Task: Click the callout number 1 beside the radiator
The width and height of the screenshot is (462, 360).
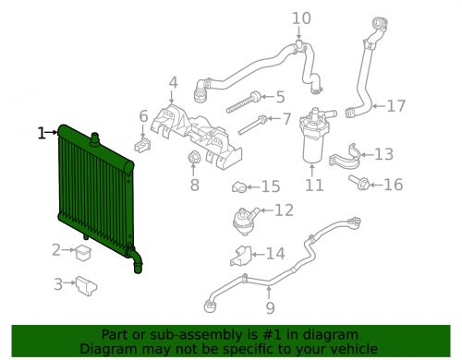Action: click(41, 134)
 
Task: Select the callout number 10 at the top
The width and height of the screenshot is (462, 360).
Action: click(302, 18)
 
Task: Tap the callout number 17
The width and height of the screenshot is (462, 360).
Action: click(395, 106)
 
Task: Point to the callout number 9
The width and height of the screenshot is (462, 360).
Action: click(270, 308)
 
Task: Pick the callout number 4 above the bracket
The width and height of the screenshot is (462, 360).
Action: click(173, 85)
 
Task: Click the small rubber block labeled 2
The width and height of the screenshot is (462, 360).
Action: click(82, 250)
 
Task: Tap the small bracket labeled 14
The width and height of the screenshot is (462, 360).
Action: click(237, 256)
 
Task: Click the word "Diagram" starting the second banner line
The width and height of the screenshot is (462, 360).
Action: click(109, 349)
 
